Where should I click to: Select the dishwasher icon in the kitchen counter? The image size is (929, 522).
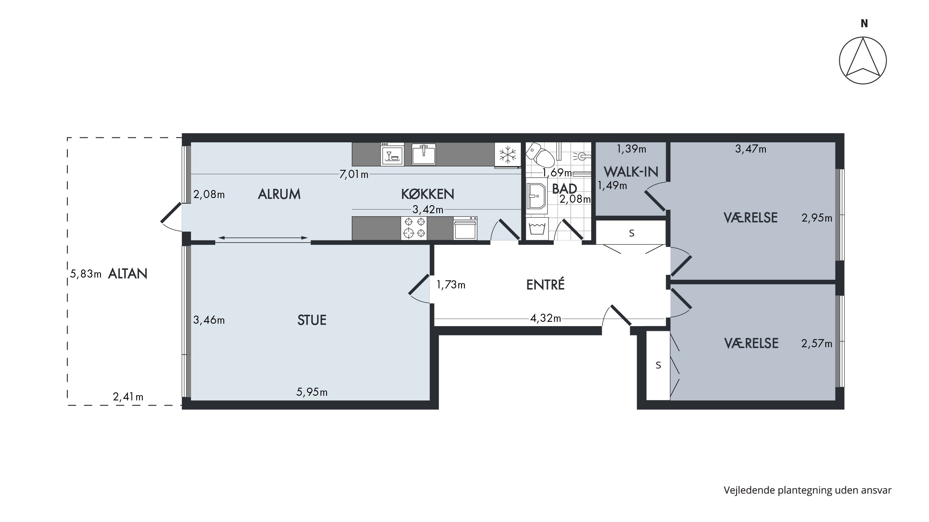click(392, 154)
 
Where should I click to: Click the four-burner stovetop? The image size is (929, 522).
click(414, 228)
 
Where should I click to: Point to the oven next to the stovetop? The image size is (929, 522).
click(465, 228)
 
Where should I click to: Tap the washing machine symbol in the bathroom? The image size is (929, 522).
click(537, 229)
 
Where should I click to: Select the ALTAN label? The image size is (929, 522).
click(128, 274)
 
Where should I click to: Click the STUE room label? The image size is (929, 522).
click(312, 320)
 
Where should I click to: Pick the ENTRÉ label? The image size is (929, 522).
click(545, 285)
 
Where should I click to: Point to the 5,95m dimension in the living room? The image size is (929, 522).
click(312, 392)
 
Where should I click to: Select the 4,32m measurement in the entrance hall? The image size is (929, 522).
click(546, 318)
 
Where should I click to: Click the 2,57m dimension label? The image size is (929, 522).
click(817, 344)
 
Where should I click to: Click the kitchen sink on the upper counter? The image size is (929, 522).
click(424, 154)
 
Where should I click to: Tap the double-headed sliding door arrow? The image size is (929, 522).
click(263, 238)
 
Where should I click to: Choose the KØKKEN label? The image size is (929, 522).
click(427, 194)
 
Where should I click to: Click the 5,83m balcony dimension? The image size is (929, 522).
click(86, 274)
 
